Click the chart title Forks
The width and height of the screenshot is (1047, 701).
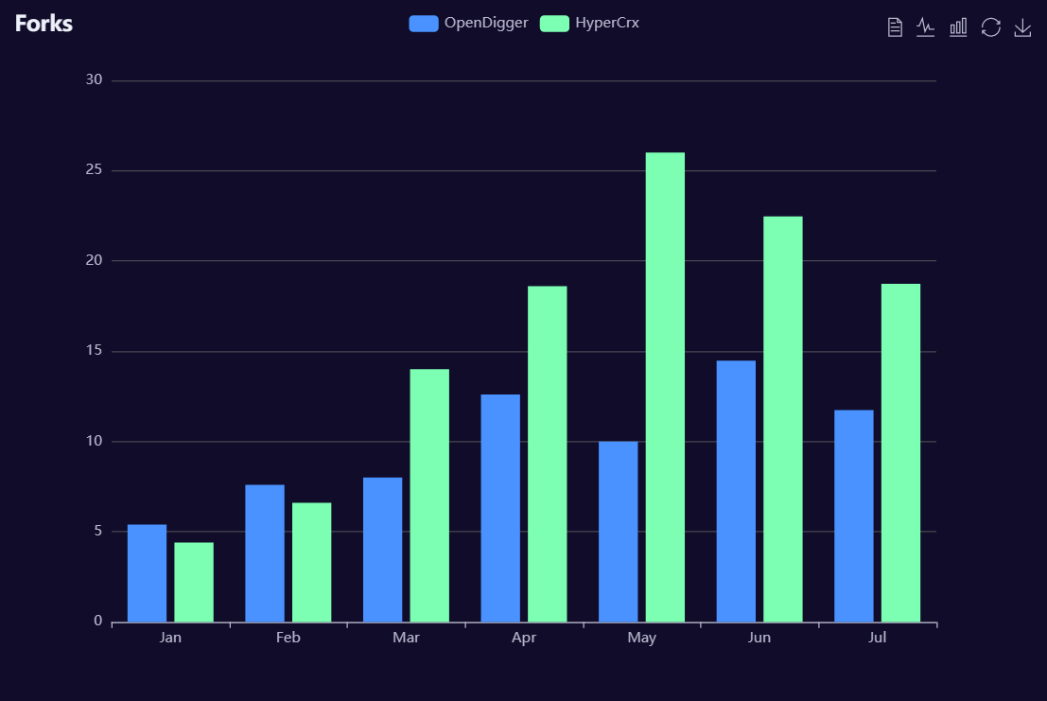44,24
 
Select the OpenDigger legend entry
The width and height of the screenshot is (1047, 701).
468,24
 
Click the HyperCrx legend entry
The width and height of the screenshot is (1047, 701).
590,24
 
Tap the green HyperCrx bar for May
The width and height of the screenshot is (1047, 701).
665,387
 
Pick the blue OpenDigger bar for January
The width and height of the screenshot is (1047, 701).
147,573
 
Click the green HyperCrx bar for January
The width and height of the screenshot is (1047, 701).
194,582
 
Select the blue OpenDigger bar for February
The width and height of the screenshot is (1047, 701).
265,553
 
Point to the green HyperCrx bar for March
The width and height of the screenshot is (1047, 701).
429,495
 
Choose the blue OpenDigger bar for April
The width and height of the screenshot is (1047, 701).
500,508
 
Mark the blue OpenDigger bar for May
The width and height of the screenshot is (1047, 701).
618,532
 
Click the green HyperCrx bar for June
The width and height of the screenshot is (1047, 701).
783,419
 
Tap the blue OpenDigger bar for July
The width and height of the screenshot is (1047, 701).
853,516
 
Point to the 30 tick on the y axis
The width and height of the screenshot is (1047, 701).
94,80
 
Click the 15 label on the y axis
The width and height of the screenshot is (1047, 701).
94,351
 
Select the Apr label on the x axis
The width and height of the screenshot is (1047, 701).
524,639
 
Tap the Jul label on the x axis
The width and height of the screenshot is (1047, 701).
877,639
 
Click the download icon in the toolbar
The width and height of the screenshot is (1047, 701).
1022,27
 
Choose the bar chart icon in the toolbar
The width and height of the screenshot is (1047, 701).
958,27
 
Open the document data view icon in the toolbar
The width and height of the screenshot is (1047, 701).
895,27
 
